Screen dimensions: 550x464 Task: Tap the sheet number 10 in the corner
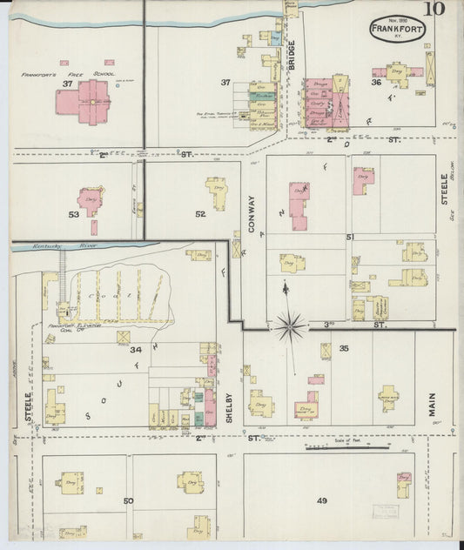(435, 10)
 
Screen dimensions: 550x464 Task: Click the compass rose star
(292, 325)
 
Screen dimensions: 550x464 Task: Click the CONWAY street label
(252, 216)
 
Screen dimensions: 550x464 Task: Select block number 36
(376, 84)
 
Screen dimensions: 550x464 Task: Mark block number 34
(135, 350)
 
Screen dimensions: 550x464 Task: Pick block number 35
(344, 349)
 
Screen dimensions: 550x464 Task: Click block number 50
(128, 500)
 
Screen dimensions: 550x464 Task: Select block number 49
(321, 500)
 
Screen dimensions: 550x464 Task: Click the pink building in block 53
(89, 200)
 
